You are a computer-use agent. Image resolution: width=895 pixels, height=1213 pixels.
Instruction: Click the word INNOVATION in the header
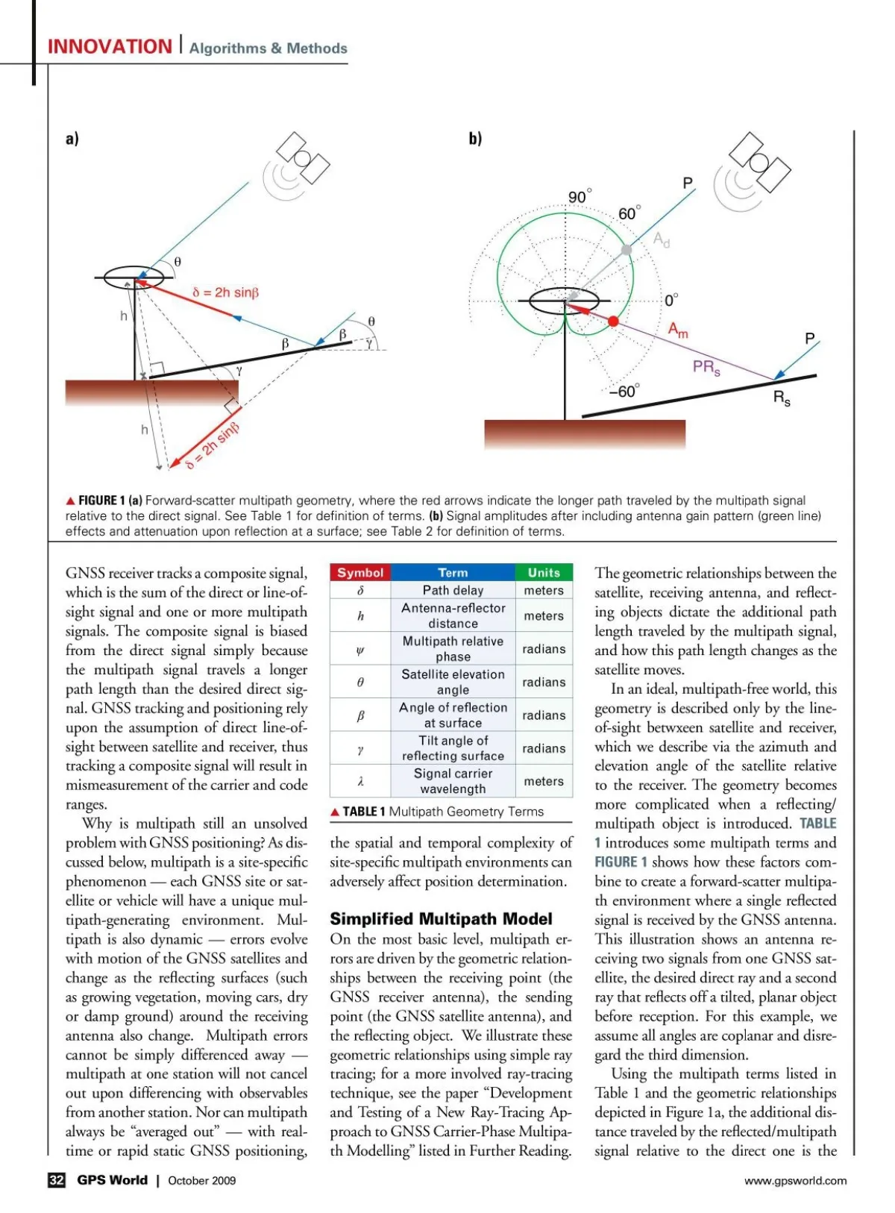110,47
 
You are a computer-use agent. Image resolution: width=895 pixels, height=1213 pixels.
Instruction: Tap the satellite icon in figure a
302,157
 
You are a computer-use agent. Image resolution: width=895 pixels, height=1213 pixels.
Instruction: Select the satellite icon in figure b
759,162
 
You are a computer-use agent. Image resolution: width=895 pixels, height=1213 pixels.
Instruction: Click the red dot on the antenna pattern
613,321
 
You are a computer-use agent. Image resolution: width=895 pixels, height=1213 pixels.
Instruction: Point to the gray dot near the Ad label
626,249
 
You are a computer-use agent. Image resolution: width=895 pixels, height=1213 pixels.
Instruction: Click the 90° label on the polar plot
579,197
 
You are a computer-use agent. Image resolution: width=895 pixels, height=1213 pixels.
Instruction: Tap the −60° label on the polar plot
624,392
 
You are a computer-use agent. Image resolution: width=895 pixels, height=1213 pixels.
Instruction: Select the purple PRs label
706,367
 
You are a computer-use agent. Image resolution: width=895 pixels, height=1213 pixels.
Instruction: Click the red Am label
678,330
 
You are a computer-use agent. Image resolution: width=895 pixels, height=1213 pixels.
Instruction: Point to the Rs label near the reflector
781,398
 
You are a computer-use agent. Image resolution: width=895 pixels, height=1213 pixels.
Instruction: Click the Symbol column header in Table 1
360,572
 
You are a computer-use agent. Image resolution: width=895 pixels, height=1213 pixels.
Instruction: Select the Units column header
544,572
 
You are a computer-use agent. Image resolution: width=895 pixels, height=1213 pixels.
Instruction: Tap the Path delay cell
453,590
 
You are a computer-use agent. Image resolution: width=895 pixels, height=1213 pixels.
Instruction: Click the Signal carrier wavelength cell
453,781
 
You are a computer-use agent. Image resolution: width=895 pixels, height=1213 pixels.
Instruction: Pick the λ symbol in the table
360,781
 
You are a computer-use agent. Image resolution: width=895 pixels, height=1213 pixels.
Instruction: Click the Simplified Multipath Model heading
441,918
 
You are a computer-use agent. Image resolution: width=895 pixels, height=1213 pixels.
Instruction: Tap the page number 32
57,1180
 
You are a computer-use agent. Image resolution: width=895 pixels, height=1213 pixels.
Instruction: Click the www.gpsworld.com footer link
795,1180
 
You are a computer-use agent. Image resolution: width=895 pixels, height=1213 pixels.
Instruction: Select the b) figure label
475,139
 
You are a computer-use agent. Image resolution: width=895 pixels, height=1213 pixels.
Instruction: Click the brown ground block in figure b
584,433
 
